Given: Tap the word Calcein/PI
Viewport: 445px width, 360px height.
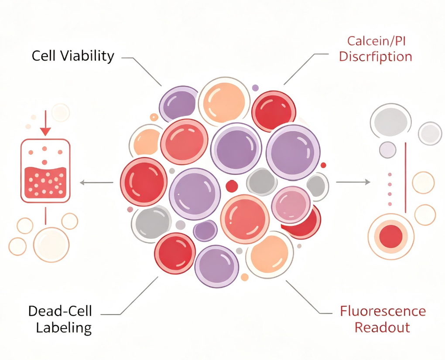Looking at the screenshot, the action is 377,41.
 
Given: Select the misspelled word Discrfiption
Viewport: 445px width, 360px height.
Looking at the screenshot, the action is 376,56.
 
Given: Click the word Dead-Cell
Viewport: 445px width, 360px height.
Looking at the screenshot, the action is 60,311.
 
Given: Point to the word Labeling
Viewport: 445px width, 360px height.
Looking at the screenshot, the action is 64,328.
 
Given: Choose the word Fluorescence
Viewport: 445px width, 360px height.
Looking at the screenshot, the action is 383,311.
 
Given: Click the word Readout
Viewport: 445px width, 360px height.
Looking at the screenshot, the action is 382,327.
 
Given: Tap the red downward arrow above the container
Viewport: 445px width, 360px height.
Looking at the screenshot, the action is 45,123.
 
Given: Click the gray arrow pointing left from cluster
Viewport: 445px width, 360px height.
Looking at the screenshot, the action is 96,183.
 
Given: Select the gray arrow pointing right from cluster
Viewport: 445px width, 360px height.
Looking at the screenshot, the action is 353,182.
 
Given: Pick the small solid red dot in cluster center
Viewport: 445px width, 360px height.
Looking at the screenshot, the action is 232,186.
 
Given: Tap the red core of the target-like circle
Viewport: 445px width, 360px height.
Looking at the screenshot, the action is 391,236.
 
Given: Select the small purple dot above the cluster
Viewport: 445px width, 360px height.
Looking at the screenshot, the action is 255,88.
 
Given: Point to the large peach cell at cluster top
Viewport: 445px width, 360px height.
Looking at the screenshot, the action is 224,101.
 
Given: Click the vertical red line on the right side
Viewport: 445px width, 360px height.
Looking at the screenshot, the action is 405,177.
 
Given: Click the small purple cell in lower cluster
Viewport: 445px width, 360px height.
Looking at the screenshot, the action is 205,231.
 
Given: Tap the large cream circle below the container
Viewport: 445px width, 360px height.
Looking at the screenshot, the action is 51,245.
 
